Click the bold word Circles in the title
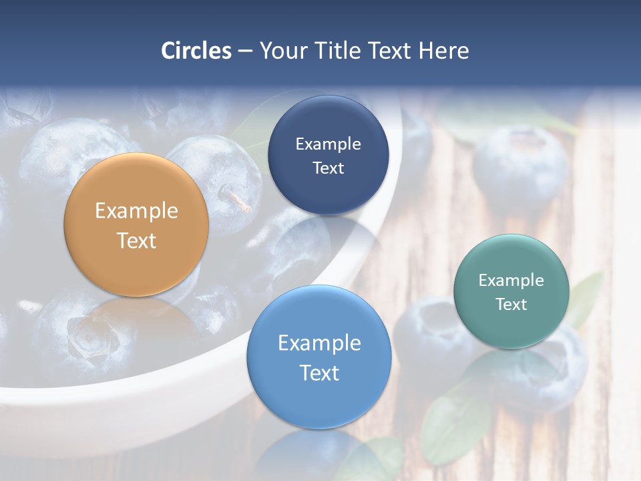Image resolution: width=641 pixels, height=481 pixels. pos(196,51)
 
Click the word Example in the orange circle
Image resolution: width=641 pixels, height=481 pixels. pos(136,211)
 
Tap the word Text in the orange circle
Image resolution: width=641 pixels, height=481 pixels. pos(136,240)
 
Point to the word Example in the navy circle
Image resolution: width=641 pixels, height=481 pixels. pos(328,144)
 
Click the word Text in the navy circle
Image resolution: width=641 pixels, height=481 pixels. pos(328,168)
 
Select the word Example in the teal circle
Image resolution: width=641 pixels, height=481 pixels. pos(511,281)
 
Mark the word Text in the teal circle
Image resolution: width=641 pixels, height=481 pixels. pos(511,305)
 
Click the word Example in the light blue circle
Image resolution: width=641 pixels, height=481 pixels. pos(319,343)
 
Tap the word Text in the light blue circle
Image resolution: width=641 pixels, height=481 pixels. pos(319,373)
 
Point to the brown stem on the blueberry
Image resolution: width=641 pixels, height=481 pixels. pos(238,199)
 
